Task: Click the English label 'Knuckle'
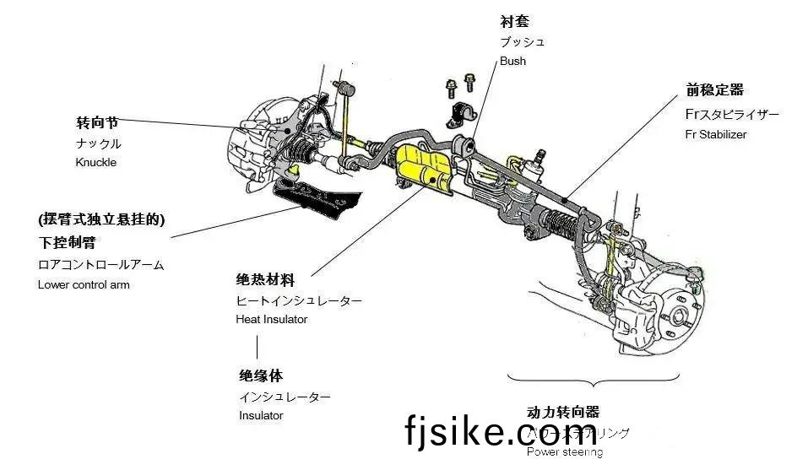(x=95, y=162)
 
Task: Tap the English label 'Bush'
(x=512, y=61)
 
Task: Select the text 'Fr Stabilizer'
(x=716, y=133)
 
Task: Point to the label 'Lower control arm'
(x=84, y=284)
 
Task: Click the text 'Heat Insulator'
(x=271, y=319)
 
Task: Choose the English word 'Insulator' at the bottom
(x=261, y=415)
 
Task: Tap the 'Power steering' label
(x=564, y=451)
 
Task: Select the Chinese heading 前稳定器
(x=714, y=90)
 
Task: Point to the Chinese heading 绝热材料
(x=265, y=280)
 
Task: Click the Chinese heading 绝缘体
(x=260, y=375)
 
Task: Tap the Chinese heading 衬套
(x=514, y=21)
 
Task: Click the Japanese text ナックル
(x=98, y=143)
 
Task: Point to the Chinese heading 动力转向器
(x=562, y=412)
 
